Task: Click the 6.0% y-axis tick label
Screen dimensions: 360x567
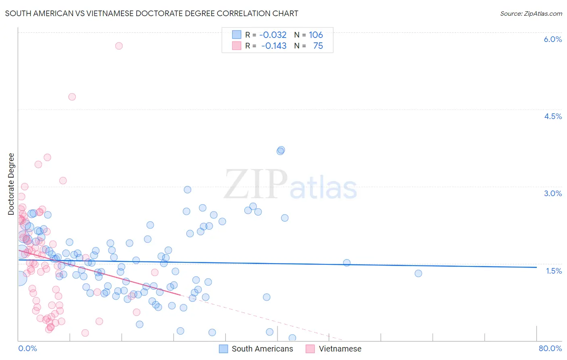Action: [552, 39]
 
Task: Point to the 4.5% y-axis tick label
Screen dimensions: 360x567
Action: [552, 116]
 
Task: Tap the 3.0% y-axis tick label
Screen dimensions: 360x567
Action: [552, 193]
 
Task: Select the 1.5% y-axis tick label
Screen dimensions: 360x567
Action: [554, 271]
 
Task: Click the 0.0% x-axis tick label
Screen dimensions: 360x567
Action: [27, 348]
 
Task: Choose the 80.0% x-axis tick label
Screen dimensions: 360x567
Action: [550, 348]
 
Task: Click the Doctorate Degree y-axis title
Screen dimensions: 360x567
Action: [11, 184]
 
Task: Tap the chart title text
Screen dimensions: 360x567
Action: [152, 13]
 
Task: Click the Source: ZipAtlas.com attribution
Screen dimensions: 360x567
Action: [531, 13]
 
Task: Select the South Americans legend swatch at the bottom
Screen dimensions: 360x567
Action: [223, 349]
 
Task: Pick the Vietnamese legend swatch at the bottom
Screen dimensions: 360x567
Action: [310, 349]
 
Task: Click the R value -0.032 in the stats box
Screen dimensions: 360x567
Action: [273, 35]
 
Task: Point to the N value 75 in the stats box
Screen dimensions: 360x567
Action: [318, 46]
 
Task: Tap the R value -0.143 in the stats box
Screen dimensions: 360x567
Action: [273, 46]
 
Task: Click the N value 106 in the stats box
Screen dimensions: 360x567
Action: [316, 35]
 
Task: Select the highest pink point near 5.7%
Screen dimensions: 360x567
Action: [119, 46]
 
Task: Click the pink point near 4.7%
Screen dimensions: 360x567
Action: [72, 97]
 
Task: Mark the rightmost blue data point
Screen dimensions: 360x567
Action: [418, 273]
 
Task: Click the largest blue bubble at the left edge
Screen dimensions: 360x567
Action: [19, 278]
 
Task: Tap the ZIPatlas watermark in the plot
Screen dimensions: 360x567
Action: [290, 185]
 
